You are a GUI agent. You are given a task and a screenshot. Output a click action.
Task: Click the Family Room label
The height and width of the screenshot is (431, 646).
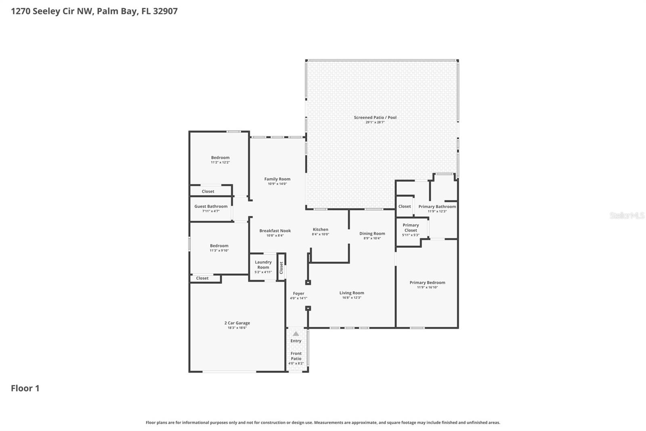tap(277, 179)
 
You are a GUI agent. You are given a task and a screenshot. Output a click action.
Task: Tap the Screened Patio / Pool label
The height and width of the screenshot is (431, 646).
tap(375, 118)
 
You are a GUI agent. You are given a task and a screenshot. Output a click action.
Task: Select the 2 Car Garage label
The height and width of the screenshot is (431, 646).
tap(237, 323)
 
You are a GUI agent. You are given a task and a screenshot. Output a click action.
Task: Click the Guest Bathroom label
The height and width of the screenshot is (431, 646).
tap(211, 206)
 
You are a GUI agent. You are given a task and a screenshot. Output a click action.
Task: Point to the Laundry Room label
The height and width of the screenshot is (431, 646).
tap(263, 265)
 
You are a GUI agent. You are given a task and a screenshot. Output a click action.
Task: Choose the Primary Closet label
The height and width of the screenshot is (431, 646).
tap(411, 228)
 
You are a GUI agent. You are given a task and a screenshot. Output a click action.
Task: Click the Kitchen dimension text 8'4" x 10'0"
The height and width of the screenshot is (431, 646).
tap(320, 235)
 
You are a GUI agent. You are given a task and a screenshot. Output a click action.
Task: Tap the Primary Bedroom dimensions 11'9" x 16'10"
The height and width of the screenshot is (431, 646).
tap(427, 287)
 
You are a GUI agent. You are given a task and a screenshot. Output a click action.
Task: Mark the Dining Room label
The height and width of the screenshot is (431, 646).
tap(372, 233)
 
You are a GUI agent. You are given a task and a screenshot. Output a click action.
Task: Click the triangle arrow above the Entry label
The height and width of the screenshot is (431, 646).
tap(296, 334)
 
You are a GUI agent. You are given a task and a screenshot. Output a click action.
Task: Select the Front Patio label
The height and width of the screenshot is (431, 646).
tap(296, 356)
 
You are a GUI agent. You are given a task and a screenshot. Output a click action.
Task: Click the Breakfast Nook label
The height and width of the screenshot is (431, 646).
tap(275, 231)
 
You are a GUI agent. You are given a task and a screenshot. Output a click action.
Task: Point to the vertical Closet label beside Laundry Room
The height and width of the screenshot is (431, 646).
tap(281, 267)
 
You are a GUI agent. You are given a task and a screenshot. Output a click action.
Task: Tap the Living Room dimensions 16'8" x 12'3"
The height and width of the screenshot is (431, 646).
tap(351, 298)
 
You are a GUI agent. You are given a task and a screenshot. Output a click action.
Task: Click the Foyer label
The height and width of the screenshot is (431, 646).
tap(298, 294)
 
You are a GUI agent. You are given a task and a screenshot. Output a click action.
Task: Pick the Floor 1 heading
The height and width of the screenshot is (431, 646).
tap(25, 388)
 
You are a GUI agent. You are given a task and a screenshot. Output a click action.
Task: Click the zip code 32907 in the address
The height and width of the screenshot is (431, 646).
tap(165, 11)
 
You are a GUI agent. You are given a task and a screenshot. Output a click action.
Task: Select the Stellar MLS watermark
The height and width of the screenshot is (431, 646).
tap(627, 215)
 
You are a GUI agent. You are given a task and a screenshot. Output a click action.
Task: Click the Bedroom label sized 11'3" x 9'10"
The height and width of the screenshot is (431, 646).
tap(219, 246)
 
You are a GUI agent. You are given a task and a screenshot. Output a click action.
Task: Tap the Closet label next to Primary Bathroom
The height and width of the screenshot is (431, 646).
tap(404, 206)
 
